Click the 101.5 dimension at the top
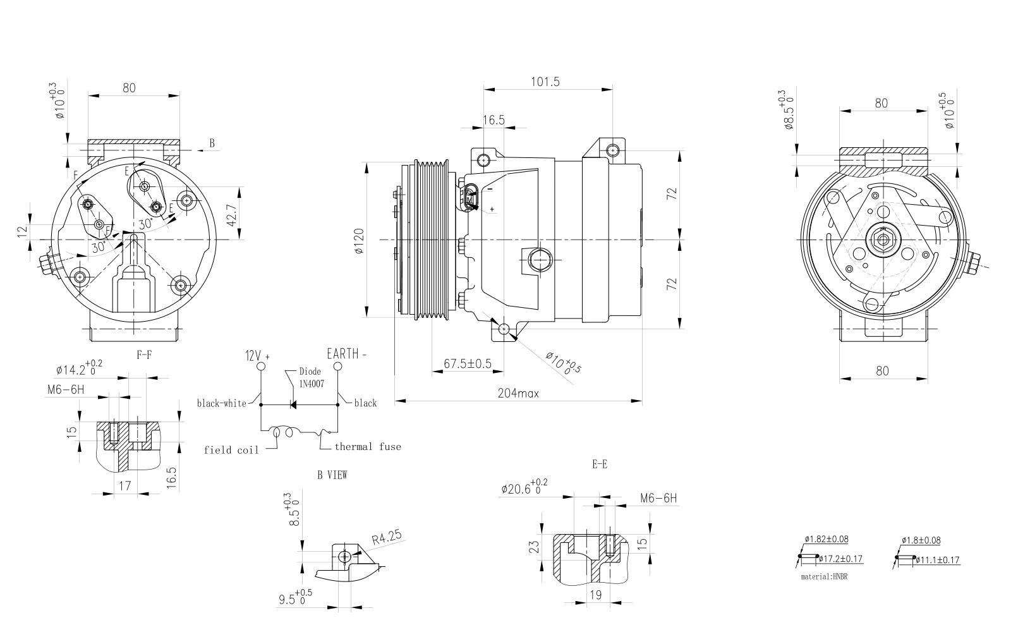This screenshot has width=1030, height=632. coord(545,82)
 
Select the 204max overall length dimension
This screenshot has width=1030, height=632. coord(518,393)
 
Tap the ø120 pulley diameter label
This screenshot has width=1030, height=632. coord(360,241)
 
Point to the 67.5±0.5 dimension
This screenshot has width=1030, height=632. coord(468,364)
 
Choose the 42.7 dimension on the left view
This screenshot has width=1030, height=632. coord(232,215)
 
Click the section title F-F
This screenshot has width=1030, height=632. coord(144,355)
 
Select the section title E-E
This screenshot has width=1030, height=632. coord(599,465)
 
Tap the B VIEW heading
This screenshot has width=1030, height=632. coord(332,475)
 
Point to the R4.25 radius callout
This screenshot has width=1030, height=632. coord(387,538)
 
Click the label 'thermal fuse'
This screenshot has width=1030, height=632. coord(368,447)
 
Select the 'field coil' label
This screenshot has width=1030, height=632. coord(231,451)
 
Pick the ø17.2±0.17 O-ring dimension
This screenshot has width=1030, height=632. coord(840,559)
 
